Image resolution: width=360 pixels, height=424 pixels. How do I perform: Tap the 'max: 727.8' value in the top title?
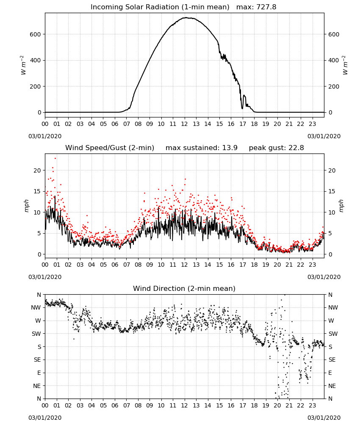pyautogui.click(x=256, y=7)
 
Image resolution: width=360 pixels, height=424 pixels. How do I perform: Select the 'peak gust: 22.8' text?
pyautogui.click(x=276, y=148)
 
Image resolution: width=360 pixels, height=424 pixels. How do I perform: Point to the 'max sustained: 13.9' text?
pyautogui.click(x=202, y=148)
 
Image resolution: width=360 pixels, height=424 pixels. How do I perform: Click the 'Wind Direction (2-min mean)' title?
pyautogui.click(x=184, y=288)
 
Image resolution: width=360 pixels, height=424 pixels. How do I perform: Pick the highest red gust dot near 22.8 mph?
pyautogui.click(x=55, y=158)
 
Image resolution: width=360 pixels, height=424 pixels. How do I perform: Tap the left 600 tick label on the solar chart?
pyautogui.click(x=36, y=34)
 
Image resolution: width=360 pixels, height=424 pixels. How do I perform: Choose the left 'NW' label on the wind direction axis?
pyautogui.click(x=36, y=308)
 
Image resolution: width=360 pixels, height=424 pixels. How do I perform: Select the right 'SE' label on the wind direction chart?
pyautogui.click(x=332, y=360)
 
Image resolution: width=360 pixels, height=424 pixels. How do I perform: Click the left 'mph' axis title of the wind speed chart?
pyautogui.click(x=26, y=206)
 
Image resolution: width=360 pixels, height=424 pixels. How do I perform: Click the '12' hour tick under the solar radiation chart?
pyautogui.click(x=184, y=124)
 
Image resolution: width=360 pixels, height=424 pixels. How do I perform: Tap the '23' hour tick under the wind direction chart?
pyautogui.click(x=312, y=406)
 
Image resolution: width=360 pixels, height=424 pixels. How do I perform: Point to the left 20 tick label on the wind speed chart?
pyautogui.click(x=37, y=170)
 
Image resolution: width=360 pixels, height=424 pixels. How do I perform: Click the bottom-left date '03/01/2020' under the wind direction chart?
pyautogui.click(x=45, y=418)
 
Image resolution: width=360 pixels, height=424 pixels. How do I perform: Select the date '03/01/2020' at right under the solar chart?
pyautogui.click(x=324, y=136)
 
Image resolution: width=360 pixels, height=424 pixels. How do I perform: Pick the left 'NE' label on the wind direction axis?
pyautogui.click(x=37, y=386)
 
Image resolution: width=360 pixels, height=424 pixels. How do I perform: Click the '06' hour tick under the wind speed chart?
pyautogui.click(x=115, y=265)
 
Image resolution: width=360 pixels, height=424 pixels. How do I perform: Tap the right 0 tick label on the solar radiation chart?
pyautogui.click(x=330, y=112)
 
